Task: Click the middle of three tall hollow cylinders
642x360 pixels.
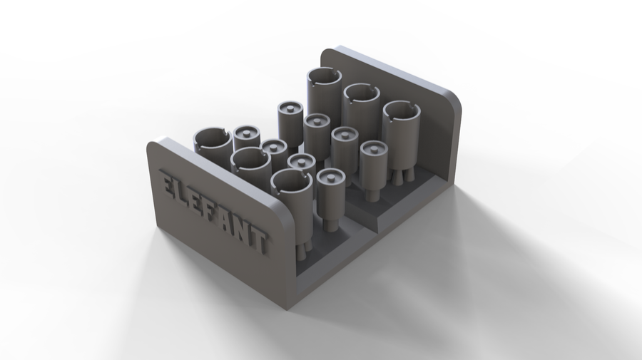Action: pos(361,107)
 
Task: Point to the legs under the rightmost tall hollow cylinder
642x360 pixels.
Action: pos(401,178)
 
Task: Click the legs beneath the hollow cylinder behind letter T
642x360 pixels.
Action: pos(301,246)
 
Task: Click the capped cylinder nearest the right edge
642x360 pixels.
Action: pos(373,168)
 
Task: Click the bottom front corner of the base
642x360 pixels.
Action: pos(289,307)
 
